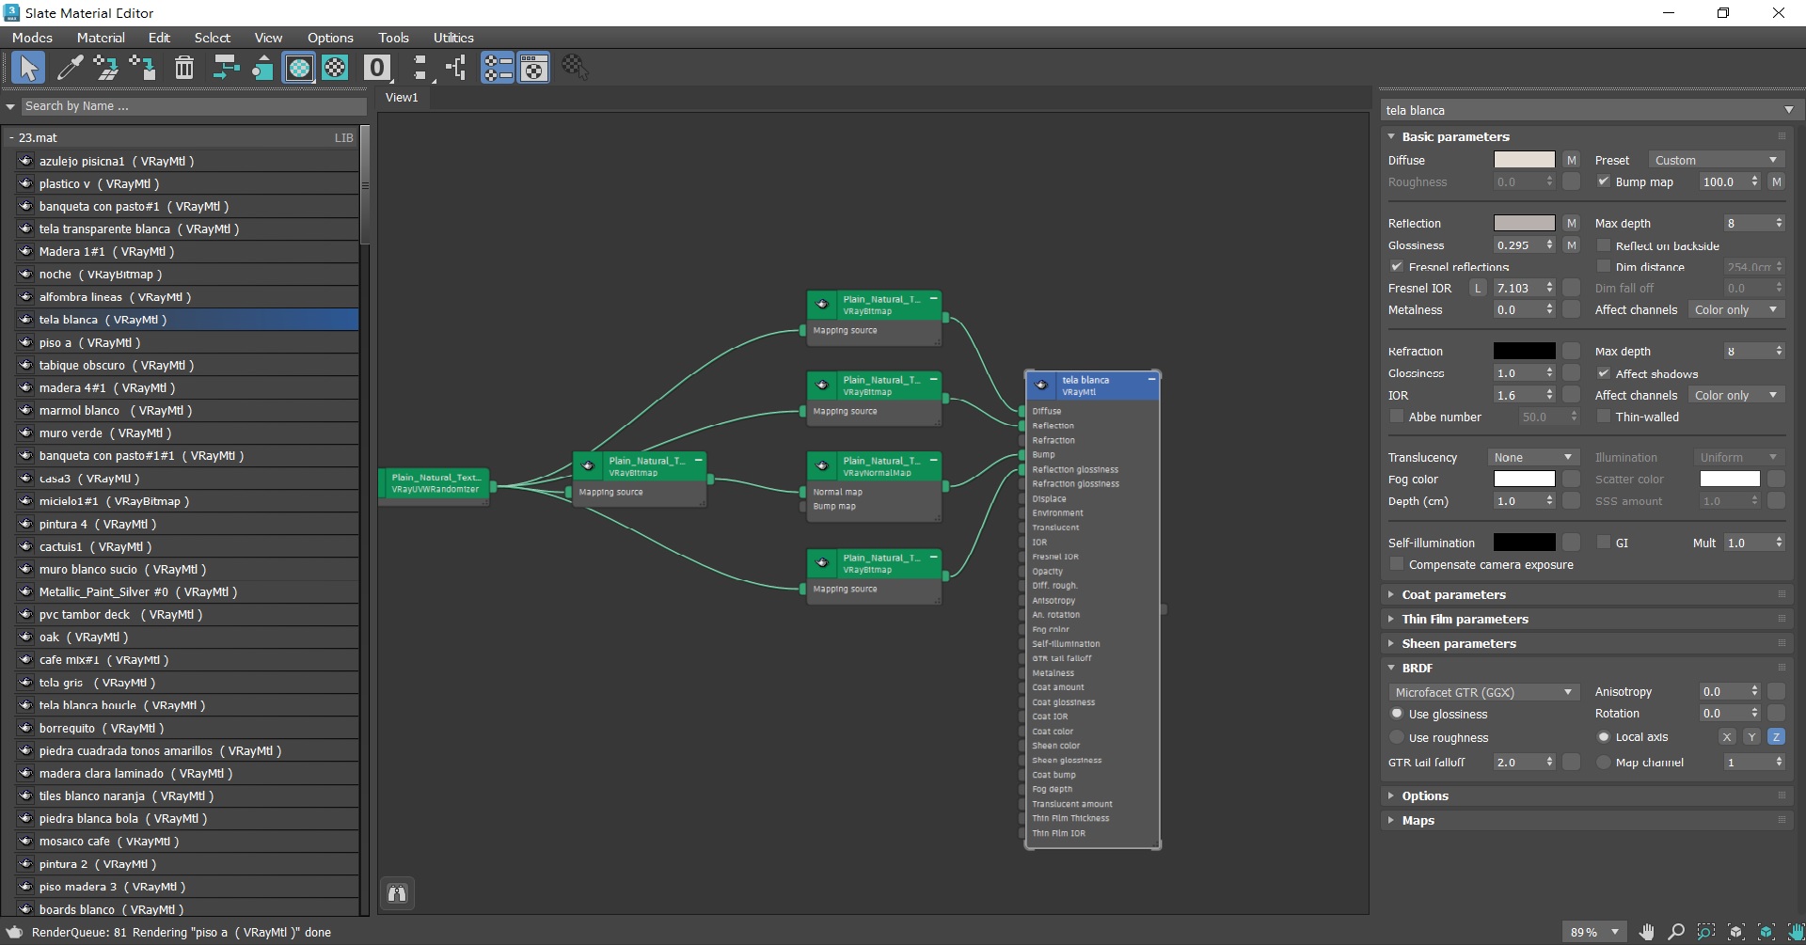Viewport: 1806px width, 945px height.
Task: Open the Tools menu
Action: point(393,38)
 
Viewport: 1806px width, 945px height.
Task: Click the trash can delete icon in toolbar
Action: point(184,68)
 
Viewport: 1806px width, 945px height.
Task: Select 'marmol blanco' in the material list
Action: point(79,411)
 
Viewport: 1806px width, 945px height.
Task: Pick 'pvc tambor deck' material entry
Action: point(85,615)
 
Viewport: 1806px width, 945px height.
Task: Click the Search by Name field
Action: point(193,106)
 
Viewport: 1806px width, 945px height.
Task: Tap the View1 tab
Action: point(402,98)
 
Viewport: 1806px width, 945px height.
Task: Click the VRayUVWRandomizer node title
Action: point(435,482)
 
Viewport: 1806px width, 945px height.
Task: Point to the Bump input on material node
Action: point(1043,455)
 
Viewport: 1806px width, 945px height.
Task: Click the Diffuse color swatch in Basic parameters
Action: point(1524,160)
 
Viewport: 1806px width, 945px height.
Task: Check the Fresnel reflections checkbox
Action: point(1397,267)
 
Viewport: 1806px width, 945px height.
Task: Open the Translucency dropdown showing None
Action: point(1532,458)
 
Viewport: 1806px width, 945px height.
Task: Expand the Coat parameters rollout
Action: point(1453,595)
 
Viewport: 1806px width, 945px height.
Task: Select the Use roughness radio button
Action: point(1397,738)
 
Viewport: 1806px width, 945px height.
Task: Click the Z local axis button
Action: point(1776,737)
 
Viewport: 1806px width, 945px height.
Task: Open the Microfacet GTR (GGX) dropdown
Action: point(1482,692)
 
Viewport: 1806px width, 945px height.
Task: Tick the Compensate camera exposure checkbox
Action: point(1397,565)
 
